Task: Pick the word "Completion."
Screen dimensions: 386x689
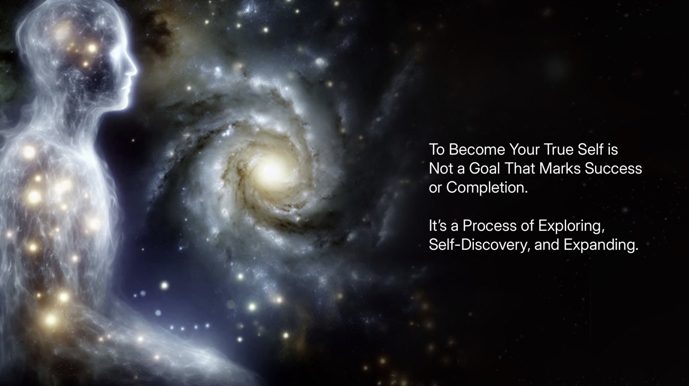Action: [487, 188]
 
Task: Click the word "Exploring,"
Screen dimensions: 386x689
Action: [571, 226]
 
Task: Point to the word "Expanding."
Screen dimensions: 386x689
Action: [601, 245]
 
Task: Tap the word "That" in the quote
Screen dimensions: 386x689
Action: [519, 168]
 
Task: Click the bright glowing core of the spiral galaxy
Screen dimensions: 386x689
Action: [271, 171]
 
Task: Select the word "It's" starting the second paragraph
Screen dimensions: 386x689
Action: [438, 226]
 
